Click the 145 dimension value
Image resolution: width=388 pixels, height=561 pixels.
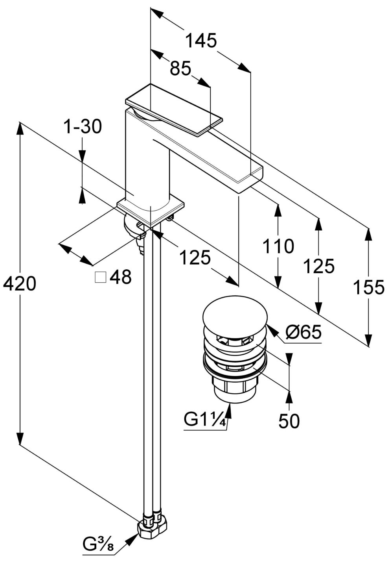[x=201, y=41]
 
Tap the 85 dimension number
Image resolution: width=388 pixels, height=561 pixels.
[x=180, y=68]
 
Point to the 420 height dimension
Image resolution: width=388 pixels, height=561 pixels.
[x=19, y=284]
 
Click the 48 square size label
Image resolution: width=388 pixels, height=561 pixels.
[x=120, y=277]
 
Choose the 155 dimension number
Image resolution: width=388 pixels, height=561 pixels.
[x=369, y=287]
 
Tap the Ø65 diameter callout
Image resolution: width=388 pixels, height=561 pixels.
[x=303, y=332]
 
